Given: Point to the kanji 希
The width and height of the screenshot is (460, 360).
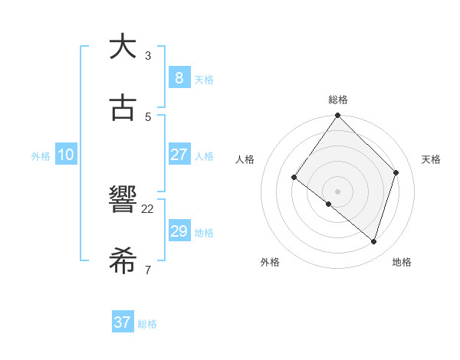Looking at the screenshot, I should (x=123, y=260).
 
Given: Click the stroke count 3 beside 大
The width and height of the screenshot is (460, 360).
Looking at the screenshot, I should (x=148, y=55).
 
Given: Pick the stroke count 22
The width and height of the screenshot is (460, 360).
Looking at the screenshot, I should (x=148, y=208).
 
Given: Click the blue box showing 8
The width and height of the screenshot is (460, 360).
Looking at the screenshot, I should (x=179, y=77).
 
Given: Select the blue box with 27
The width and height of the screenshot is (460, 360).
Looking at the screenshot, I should (x=179, y=155).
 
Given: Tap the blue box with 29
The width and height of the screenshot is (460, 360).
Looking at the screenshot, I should (x=179, y=231).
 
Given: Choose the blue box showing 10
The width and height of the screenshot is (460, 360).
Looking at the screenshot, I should (x=66, y=155).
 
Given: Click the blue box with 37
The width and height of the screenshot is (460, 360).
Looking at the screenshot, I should (x=122, y=322).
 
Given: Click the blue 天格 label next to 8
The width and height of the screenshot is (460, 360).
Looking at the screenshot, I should (x=204, y=80).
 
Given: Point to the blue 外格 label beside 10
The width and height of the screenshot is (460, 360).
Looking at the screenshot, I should (x=41, y=156).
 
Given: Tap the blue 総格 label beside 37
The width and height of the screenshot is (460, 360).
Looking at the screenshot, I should (x=147, y=324).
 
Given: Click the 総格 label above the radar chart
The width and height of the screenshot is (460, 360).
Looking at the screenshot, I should (x=338, y=100).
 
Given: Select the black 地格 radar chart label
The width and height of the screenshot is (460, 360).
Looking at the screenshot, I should (x=402, y=262).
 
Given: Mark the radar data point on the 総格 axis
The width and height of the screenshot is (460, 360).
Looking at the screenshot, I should (x=338, y=116).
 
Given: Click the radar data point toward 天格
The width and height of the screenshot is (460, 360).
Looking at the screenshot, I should (x=396, y=172).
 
